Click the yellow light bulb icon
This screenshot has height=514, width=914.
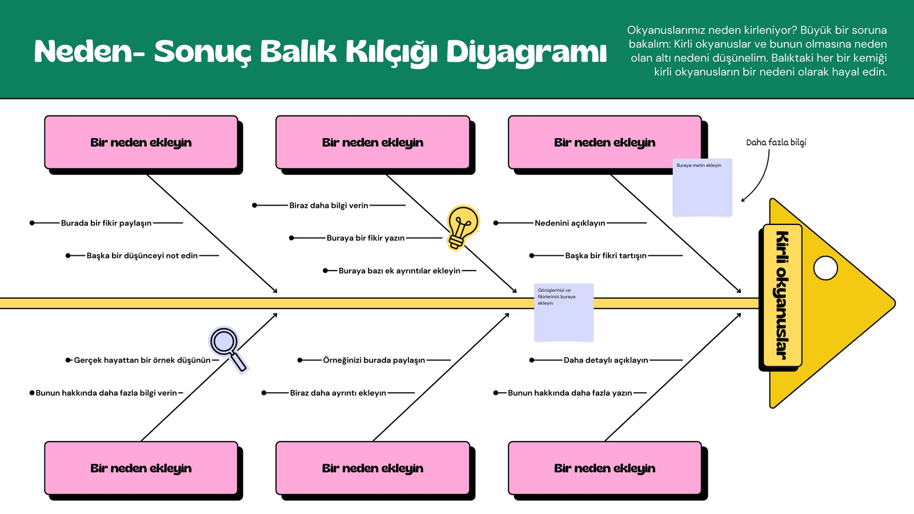click(x=463, y=228)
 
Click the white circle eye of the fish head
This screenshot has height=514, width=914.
click(x=825, y=268)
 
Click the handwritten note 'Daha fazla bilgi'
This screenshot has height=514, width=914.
click(x=776, y=142)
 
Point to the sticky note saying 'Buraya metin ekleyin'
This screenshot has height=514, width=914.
click(x=702, y=187)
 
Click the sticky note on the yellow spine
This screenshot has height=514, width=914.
click(x=563, y=312)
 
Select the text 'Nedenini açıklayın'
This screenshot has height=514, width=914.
click(x=570, y=223)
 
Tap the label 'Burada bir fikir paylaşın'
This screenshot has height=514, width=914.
click(x=106, y=223)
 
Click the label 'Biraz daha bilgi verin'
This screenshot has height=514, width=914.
click(x=329, y=206)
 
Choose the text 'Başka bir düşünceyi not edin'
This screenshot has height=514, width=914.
click(x=142, y=256)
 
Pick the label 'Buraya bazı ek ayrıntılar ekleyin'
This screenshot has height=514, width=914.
click(x=399, y=271)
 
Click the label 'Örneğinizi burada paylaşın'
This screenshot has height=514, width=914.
click(x=374, y=360)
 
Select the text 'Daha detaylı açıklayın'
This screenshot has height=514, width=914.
click(x=606, y=360)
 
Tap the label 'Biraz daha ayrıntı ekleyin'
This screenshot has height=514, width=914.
click(x=338, y=393)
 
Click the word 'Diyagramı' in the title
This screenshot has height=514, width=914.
click(x=527, y=52)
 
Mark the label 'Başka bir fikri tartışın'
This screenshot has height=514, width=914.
click(x=606, y=256)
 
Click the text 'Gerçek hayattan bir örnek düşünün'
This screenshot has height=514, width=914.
click(x=142, y=360)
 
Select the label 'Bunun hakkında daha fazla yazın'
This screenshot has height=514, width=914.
click(x=570, y=393)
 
